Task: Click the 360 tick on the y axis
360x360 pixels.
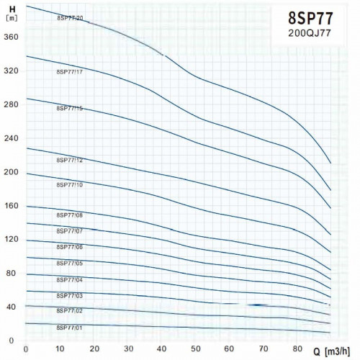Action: click(x=10, y=37)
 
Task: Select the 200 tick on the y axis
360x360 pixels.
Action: click(x=10, y=172)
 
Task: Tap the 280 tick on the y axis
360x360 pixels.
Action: click(x=10, y=104)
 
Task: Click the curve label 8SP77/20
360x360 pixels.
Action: click(x=70, y=17)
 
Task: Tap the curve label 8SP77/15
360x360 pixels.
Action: click(x=70, y=108)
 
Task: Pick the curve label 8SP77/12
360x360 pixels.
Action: click(x=70, y=160)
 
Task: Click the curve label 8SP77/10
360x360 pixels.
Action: click(x=70, y=185)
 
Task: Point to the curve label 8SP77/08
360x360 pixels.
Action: click(x=70, y=215)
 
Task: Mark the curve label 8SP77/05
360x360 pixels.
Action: click(x=70, y=263)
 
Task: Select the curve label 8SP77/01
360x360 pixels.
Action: click(x=70, y=328)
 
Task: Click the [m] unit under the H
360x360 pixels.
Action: click(x=10, y=18)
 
